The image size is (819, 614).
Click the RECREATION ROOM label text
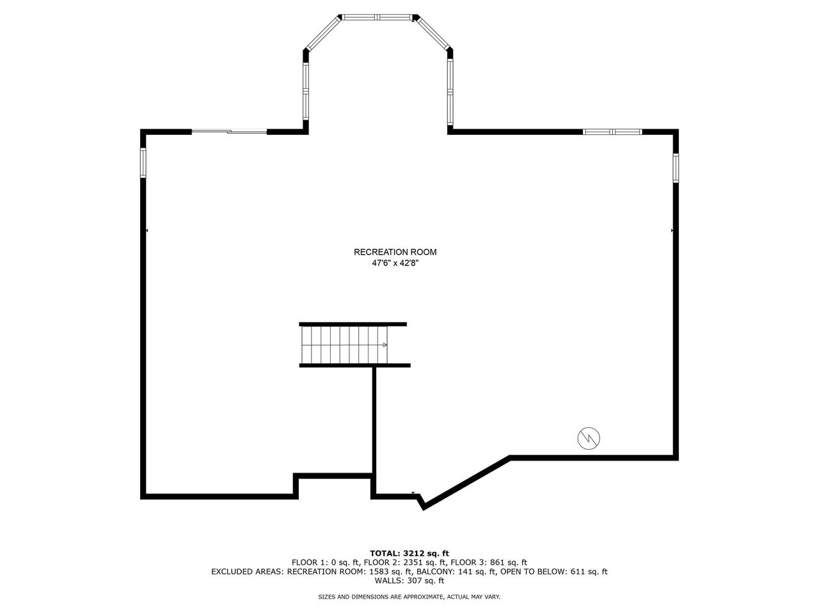395,252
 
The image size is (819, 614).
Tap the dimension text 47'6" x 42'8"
395,262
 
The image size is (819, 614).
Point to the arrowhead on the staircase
385,345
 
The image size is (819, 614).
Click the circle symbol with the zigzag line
589,438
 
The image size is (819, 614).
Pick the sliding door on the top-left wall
229,132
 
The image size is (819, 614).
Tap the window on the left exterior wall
143,162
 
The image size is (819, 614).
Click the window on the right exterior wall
675,168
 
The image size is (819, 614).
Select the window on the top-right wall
612,132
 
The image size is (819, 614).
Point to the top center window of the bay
378,17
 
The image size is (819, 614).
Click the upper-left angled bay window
322,33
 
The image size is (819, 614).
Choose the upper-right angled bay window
433,33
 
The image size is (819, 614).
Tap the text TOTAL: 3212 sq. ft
409,553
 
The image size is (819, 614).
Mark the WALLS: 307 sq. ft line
409,581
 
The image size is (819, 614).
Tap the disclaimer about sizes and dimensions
409,597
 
